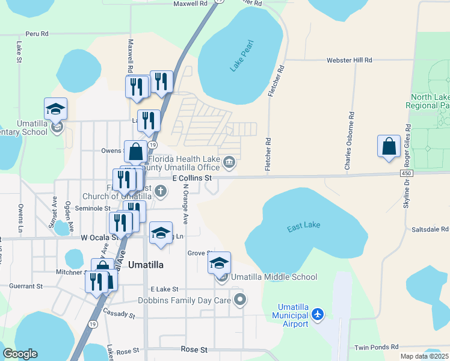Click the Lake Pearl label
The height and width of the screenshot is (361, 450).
[242, 57]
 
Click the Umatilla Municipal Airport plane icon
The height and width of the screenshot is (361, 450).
[318, 315]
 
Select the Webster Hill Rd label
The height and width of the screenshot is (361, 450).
[350, 60]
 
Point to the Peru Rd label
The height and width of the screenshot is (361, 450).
[37, 34]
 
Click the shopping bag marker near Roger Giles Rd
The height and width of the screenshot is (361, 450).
[389, 146]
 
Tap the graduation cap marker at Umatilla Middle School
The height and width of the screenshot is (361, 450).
[219, 263]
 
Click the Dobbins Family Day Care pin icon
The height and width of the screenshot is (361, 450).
[240, 299]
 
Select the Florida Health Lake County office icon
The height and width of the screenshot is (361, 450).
[229, 162]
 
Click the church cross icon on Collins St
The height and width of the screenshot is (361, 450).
[160, 192]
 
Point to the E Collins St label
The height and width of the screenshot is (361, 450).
[193, 178]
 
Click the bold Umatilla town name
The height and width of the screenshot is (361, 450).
[146, 265]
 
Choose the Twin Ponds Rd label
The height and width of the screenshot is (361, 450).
[377, 347]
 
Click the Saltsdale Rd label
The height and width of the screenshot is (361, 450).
[430, 229]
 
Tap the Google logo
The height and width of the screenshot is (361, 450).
[20, 354]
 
